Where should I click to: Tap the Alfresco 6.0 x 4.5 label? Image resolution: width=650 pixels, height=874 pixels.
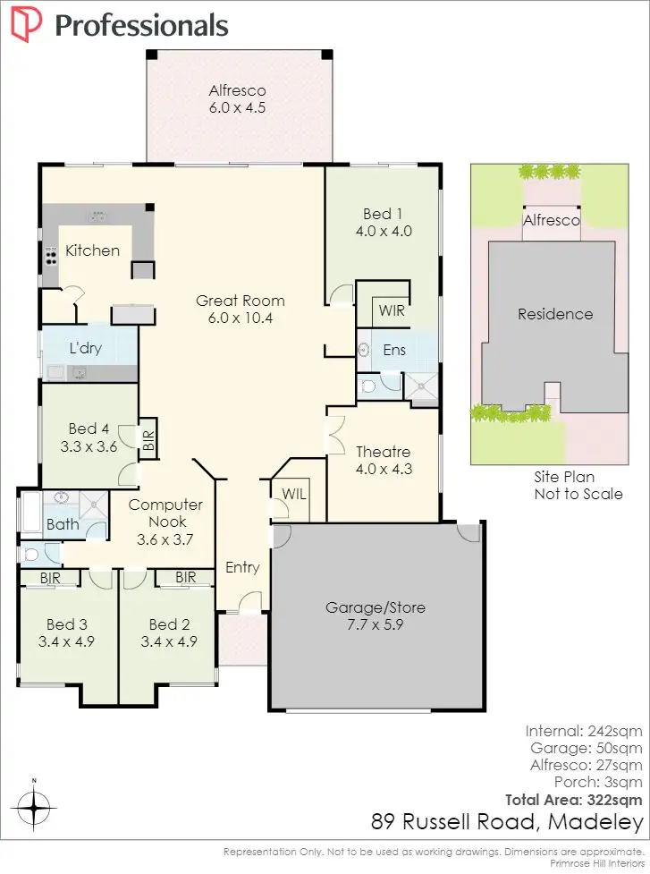[x=237, y=98]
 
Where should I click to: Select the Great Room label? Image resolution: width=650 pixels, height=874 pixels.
[x=241, y=309]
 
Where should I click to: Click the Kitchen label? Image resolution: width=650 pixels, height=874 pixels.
[x=92, y=250]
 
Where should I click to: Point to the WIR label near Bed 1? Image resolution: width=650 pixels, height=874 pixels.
[x=391, y=311]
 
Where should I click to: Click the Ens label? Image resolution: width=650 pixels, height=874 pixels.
[x=394, y=350]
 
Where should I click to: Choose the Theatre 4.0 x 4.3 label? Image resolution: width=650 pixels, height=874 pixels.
[x=383, y=460]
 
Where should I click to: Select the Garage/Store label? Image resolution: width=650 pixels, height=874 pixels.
[x=375, y=616]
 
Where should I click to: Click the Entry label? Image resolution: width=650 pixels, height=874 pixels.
[x=242, y=567]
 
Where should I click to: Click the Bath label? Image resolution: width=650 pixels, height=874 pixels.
[x=63, y=524]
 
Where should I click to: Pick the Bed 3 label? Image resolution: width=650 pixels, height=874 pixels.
[x=67, y=632]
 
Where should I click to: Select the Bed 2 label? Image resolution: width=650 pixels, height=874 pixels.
[x=168, y=632]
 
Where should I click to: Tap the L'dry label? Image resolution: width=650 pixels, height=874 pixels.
[x=86, y=348]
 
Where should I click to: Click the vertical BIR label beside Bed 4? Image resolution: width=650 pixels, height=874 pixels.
[x=149, y=439]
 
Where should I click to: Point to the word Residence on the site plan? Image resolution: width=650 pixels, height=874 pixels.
[x=555, y=314]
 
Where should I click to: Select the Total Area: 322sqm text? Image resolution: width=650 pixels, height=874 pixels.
[x=573, y=799]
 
